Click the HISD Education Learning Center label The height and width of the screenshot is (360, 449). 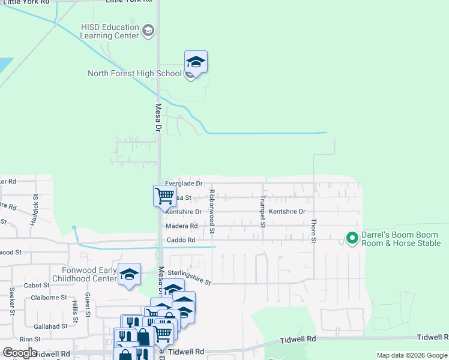click(x=110, y=31)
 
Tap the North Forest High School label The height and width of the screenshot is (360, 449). click(x=134, y=73)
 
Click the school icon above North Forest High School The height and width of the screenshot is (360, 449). click(x=195, y=62)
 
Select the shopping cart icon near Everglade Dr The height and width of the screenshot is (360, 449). click(x=164, y=196)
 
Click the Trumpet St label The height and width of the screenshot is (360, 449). click(x=262, y=212)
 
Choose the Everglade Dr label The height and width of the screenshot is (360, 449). click(x=184, y=184)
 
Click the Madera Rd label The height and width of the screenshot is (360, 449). click(x=181, y=226)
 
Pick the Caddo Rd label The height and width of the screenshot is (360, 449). click(x=181, y=240)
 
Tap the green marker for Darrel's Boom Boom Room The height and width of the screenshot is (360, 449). click(x=352, y=239)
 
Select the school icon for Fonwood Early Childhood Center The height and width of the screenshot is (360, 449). click(x=130, y=275)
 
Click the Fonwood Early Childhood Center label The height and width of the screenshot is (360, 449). click(x=89, y=274)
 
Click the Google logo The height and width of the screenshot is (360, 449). click(x=20, y=353)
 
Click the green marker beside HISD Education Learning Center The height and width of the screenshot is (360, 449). click(x=149, y=30)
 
